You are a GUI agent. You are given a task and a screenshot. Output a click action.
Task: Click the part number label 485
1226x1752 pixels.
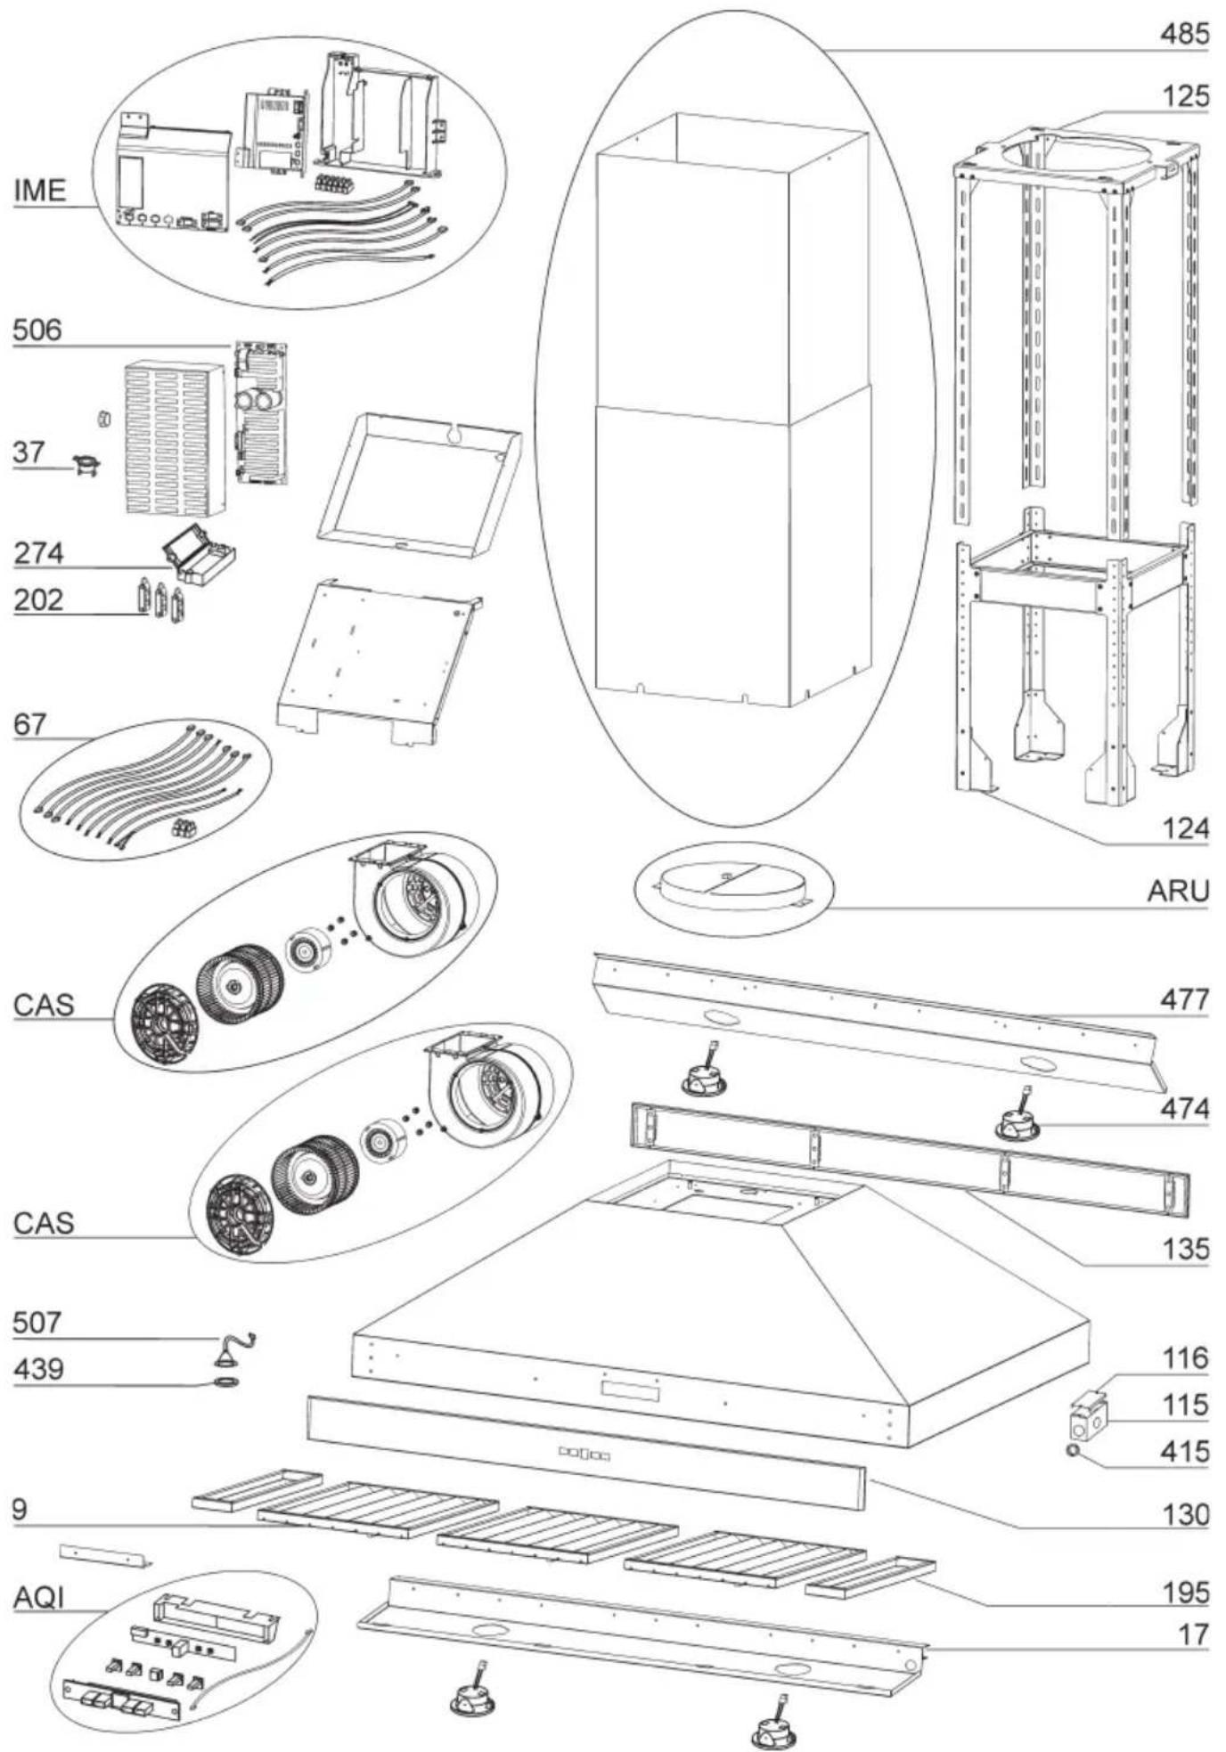[x=1183, y=34]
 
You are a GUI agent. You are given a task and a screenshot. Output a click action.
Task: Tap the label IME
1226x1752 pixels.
[x=40, y=191]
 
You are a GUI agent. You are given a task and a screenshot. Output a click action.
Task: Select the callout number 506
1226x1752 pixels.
[x=37, y=330]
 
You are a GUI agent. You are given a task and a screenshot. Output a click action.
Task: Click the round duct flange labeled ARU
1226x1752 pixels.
[x=732, y=889]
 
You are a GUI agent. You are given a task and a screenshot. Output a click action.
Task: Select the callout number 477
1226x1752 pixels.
[x=1183, y=999]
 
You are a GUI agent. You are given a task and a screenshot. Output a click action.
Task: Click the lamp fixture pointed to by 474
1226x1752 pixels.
[x=1017, y=1125]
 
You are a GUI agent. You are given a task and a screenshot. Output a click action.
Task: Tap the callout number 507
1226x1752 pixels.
[x=37, y=1322]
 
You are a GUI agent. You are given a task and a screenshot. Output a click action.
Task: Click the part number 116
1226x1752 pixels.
[x=1184, y=1358]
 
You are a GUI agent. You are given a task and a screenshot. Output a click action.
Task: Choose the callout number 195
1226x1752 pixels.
[x=1184, y=1593]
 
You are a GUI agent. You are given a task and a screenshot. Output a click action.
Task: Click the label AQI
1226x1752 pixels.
[x=39, y=1598]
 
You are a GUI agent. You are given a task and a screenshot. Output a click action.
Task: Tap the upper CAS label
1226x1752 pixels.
[x=44, y=1005]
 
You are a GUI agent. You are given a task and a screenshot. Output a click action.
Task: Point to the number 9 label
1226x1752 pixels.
[x=20, y=1510]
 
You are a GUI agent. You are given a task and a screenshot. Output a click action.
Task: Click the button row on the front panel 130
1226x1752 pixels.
[x=584, y=1455]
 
